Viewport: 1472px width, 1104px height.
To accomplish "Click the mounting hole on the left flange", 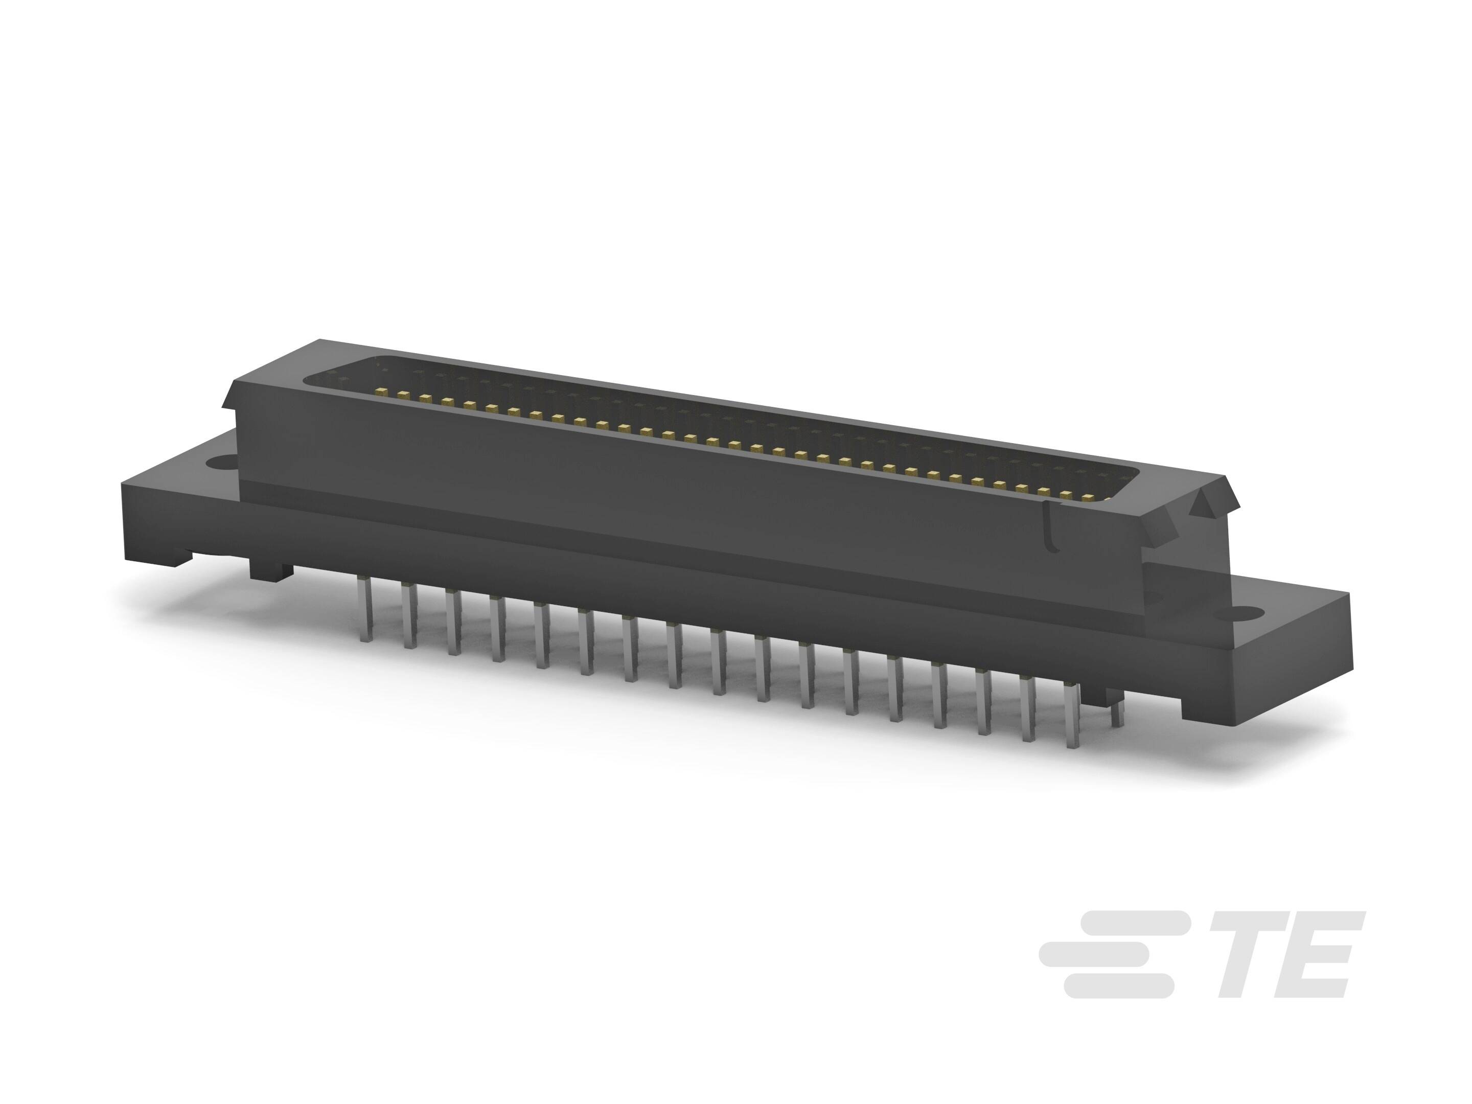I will point(220,461).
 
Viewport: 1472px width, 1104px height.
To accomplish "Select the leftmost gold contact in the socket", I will point(381,390).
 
